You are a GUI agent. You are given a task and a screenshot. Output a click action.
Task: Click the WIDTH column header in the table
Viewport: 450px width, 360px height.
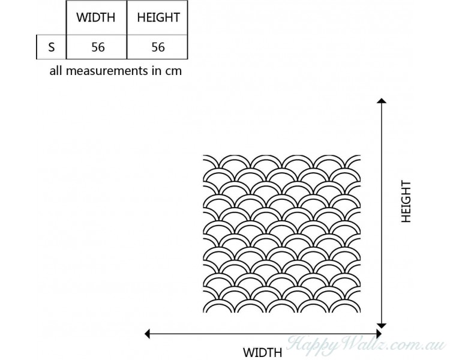95,17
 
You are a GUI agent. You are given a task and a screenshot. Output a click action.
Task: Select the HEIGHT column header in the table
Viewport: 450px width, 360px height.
158,17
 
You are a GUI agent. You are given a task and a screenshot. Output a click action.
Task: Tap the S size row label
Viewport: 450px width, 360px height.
52,47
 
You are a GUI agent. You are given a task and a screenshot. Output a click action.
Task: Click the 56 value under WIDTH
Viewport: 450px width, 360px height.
98,47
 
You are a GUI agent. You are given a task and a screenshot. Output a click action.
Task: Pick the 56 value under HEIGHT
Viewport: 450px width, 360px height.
158,47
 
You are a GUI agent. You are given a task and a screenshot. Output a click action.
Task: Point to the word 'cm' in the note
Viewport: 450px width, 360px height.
173,71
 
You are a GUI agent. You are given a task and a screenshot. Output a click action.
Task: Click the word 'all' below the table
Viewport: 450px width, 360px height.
56,70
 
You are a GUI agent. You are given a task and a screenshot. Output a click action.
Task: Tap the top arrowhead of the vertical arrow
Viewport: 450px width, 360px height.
382,100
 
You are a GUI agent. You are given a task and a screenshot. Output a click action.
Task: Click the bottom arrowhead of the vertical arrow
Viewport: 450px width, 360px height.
382,326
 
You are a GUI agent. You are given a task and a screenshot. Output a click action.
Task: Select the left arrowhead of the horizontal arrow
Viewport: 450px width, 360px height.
147,334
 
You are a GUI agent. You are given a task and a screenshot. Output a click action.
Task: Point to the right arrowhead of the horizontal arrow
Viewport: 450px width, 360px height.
379,334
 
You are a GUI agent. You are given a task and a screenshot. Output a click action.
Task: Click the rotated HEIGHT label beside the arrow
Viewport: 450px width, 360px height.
406,202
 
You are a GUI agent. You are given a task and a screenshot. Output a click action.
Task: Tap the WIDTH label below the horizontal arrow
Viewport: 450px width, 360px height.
263,352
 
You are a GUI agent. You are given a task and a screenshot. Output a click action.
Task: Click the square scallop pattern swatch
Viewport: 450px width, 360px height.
282,233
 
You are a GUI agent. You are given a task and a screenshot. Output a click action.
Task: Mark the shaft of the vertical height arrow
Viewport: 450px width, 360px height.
382,213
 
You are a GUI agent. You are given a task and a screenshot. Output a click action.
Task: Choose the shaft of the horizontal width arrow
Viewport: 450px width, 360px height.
263,334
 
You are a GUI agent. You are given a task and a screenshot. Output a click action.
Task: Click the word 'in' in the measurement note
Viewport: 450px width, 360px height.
156,71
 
